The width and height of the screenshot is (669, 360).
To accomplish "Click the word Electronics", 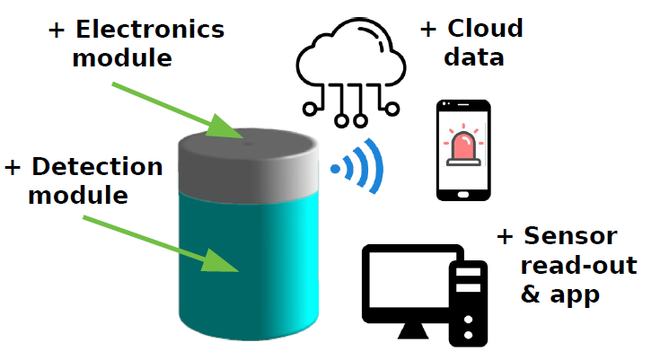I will [149, 30].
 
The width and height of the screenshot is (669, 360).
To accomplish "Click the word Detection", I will [97, 167].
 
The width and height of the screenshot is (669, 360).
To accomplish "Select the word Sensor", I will [569, 236].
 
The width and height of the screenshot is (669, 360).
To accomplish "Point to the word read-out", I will [578, 266].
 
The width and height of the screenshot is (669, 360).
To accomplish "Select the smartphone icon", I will [463, 150].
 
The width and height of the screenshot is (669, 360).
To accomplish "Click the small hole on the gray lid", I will [247, 139].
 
